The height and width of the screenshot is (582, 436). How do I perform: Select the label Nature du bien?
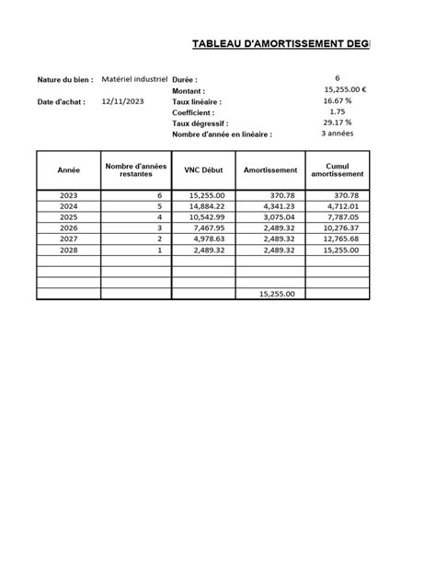65,80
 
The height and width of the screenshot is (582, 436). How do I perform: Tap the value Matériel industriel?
134,79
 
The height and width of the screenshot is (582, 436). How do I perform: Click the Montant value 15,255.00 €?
346,89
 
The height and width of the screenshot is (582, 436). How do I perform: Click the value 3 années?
338,134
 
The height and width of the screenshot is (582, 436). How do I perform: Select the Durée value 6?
338,78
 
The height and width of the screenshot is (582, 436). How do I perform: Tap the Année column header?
69,170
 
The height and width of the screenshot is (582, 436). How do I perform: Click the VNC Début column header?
203,170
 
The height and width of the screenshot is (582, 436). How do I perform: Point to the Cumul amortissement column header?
338,170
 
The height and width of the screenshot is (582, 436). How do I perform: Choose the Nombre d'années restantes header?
136,170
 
